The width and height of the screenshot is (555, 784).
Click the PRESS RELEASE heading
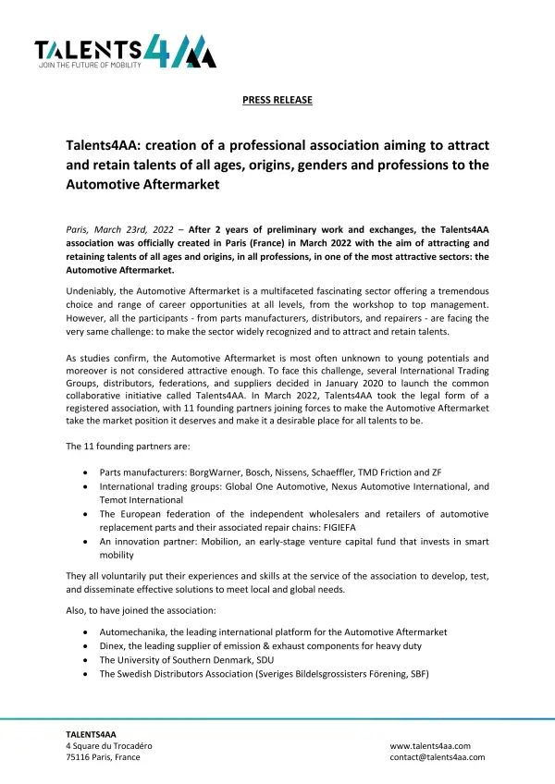(277, 100)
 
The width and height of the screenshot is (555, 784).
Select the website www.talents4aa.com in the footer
(430, 745)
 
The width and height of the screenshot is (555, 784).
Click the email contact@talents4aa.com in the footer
(437, 757)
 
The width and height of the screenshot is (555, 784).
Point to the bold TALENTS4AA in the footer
(90, 733)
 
